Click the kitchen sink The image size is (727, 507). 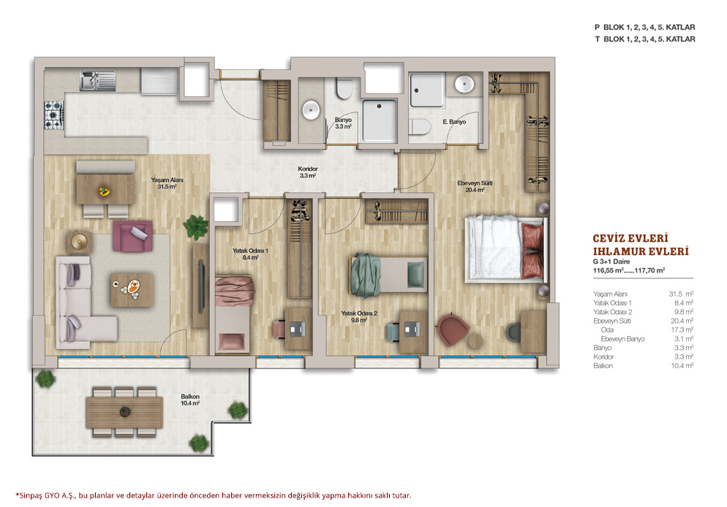97,81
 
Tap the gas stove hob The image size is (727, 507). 54,115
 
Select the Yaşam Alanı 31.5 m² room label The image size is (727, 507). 167,183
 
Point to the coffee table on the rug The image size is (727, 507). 132,289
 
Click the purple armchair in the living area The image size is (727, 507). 133,236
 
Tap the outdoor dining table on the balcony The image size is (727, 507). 125,411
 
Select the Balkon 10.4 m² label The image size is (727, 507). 190,400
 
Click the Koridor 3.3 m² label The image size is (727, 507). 308,172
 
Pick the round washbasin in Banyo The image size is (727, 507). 311,110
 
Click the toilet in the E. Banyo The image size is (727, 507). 420,126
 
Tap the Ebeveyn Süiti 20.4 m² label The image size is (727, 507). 475,186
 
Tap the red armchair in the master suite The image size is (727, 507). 452,329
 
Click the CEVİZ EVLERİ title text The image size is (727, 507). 630,238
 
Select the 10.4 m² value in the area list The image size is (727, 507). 682,366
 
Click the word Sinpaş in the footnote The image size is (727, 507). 31,495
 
